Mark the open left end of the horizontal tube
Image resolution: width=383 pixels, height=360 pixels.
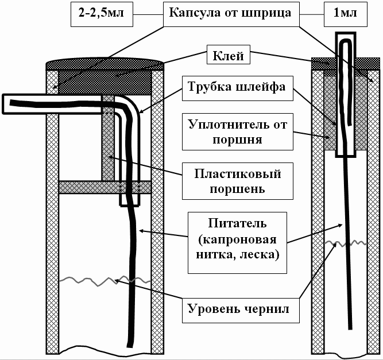click(x=5, y=103)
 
